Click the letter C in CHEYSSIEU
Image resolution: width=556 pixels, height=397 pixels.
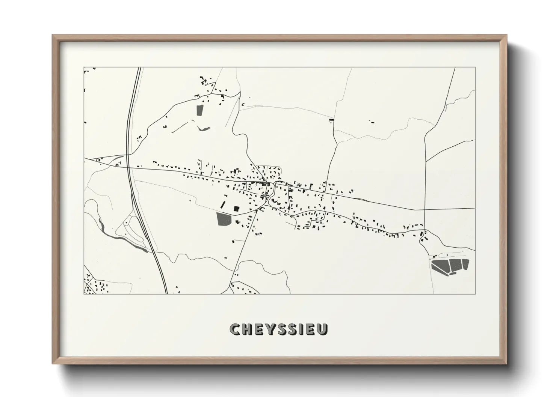pos(234,329)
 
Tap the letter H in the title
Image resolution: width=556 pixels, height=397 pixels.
pos(246,329)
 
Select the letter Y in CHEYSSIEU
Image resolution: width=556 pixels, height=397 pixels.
pos(270,329)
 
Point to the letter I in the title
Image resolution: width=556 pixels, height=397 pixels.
pos(300,329)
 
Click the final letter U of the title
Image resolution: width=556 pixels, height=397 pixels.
pos(322,329)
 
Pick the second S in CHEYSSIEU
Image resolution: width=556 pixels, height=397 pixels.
pos(292,329)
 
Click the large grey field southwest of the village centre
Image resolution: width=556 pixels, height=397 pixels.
pos(224,219)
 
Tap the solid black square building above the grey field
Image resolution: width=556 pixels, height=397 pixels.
pos(236,209)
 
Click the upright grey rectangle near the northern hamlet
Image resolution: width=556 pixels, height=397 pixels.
pos(199,110)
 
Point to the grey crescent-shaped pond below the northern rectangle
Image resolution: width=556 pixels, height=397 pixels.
pos(203,129)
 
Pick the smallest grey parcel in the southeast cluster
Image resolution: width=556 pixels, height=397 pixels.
pos(453,273)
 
